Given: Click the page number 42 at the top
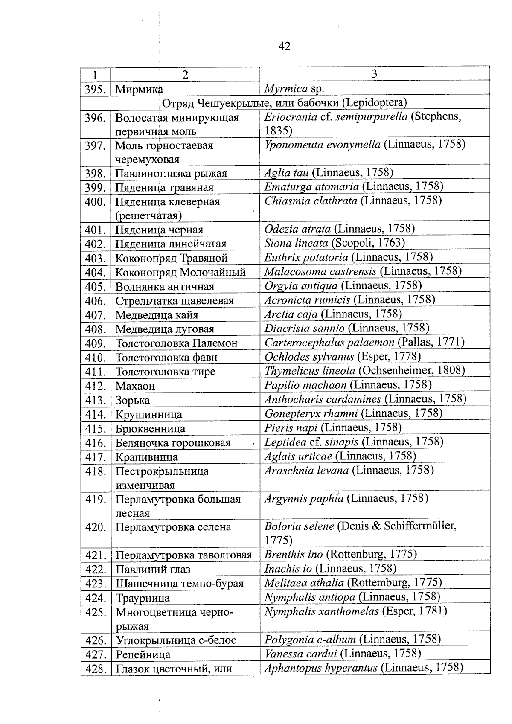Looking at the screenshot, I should pyautogui.click(x=284, y=46).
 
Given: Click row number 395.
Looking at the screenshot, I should pyautogui.click(x=95, y=90).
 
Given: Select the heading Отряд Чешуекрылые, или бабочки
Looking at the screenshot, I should pyautogui.click(x=285, y=103).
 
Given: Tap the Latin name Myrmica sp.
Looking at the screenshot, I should pyautogui.click(x=294, y=89).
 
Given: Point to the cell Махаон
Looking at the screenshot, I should pyautogui.click(x=135, y=386).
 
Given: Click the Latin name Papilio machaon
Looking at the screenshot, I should pyautogui.click(x=305, y=385).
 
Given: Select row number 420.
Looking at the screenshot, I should pyautogui.click(x=95, y=527).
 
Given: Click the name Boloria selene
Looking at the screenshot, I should pyautogui.click(x=299, y=526).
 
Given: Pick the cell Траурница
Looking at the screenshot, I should pyautogui.click(x=143, y=598).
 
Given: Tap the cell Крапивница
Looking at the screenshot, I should pyautogui.click(x=147, y=457).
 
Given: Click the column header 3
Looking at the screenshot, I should pyautogui.click(x=374, y=74).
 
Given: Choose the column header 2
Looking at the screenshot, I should pyautogui.click(x=185, y=75).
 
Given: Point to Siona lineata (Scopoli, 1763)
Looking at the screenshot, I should pyautogui.click(x=335, y=243).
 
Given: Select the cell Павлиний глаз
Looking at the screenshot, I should pyautogui.click(x=153, y=570).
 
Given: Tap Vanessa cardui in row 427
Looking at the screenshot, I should pyautogui.click(x=301, y=654).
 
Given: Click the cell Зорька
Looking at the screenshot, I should pyautogui.click(x=133, y=400).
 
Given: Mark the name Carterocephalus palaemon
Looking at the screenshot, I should pyautogui.click(x=329, y=342).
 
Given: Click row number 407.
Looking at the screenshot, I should pyautogui.click(x=95, y=315).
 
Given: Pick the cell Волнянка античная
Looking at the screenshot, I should pyautogui.click(x=165, y=287).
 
